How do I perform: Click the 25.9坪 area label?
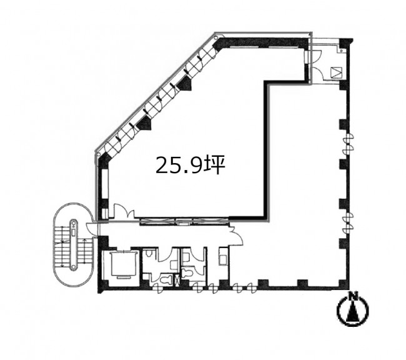pyautogui.click(x=191, y=166)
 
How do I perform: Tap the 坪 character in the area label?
pyautogui.click(x=215, y=166)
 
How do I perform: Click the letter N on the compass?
pyautogui.click(x=352, y=296)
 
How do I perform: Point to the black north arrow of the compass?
pyautogui.click(x=352, y=312)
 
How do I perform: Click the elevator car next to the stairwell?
pyautogui.click(x=124, y=264)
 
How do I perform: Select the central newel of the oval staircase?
pyautogui.click(x=74, y=244)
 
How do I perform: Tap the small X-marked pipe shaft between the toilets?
pyautogui.click(x=177, y=279)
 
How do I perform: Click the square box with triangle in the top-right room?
pyautogui.click(x=337, y=73)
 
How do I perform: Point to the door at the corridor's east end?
pyautogui.click(x=236, y=236)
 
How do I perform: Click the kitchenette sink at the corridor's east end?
pyautogui.click(x=223, y=257)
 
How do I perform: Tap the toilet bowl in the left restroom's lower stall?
pyautogui.click(x=166, y=279)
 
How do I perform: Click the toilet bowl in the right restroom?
pyautogui.click(x=187, y=273)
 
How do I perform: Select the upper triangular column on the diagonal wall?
pyautogui.click(x=185, y=84)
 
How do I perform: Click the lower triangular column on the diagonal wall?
pyautogui.click(x=144, y=123)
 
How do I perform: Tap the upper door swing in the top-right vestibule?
pyautogui.click(x=316, y=56)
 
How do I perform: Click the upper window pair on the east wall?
pyautogui.click(x=349, y=144)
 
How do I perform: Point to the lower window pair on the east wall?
pyautogui.click(x=349, y=222)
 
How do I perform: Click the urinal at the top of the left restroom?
pyautogui.click(x=149, y=254)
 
